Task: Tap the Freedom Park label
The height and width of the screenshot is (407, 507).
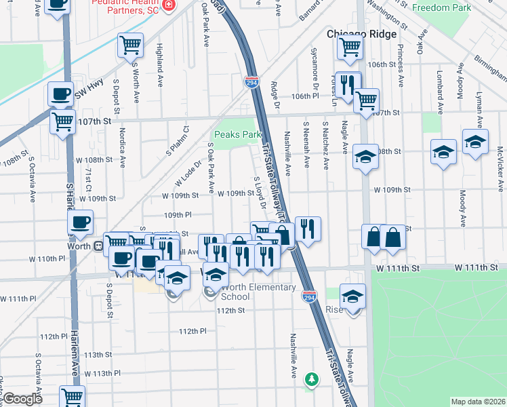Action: [442, 7]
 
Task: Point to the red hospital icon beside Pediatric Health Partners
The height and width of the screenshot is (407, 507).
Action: [167, 6]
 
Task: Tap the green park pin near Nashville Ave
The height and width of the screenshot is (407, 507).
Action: [311, 379]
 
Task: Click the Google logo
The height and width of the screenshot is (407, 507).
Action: [22, 399]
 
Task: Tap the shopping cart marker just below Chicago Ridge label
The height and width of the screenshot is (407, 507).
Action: [350, 47]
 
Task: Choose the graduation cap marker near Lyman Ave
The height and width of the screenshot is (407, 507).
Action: [476, 142]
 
